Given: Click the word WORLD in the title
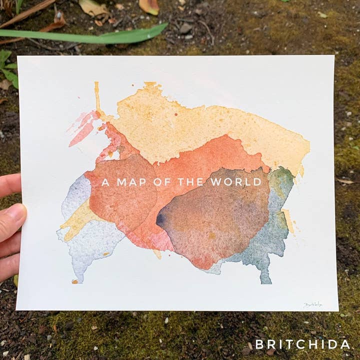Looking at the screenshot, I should [236, 182].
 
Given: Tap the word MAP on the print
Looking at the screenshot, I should [132, 182].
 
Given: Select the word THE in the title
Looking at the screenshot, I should [190, 182].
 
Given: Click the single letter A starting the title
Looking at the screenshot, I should [105, 182].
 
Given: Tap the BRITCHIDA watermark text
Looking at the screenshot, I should [302, 344].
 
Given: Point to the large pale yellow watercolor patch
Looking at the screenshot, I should [200, 125].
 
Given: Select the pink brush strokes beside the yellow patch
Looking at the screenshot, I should [82, 127].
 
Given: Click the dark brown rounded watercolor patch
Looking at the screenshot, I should [215, 220].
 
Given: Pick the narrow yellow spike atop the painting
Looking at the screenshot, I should [97, 97].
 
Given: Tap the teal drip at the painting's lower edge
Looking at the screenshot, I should [265, 275].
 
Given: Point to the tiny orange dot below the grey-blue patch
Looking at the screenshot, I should [74, 281].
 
